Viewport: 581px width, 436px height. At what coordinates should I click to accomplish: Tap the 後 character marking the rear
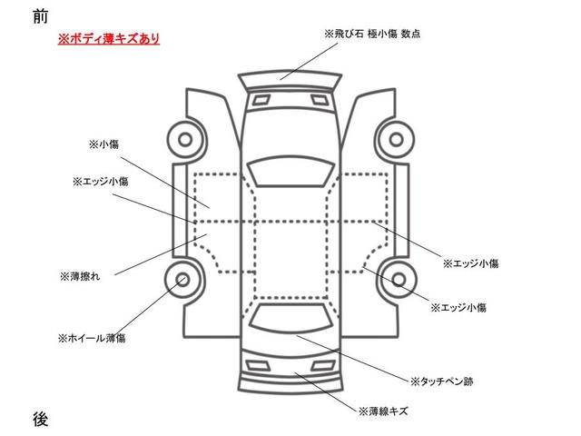click(x=40, y=419)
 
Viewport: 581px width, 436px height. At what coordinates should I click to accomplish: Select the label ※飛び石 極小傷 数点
click(x=371, y=34)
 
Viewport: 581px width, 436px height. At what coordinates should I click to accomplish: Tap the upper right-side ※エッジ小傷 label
click(x=470, y=263)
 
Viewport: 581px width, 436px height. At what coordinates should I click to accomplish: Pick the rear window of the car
click(x=289, y=318)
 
